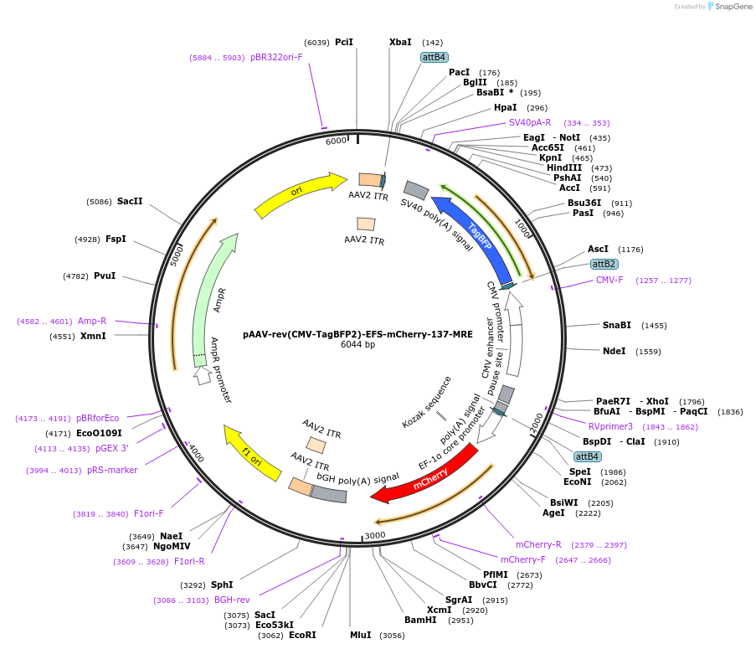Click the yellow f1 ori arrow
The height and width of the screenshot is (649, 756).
251,452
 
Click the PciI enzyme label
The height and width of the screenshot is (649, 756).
343,42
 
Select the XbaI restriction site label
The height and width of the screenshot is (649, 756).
400,42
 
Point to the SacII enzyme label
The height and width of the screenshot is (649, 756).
130,201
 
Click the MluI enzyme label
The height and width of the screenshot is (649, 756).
360,636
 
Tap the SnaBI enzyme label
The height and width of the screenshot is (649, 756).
617,325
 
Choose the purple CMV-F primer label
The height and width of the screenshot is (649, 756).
609,280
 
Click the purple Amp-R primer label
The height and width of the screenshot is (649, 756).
92,321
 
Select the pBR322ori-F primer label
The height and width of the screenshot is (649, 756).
276,58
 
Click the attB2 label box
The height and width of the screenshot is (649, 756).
604,264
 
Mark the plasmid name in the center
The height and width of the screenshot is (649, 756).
357,333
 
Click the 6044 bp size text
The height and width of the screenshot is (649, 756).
357,344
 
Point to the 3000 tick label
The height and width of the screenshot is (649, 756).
374,536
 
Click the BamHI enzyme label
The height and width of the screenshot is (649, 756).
420,620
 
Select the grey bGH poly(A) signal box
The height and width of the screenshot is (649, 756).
328,494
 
